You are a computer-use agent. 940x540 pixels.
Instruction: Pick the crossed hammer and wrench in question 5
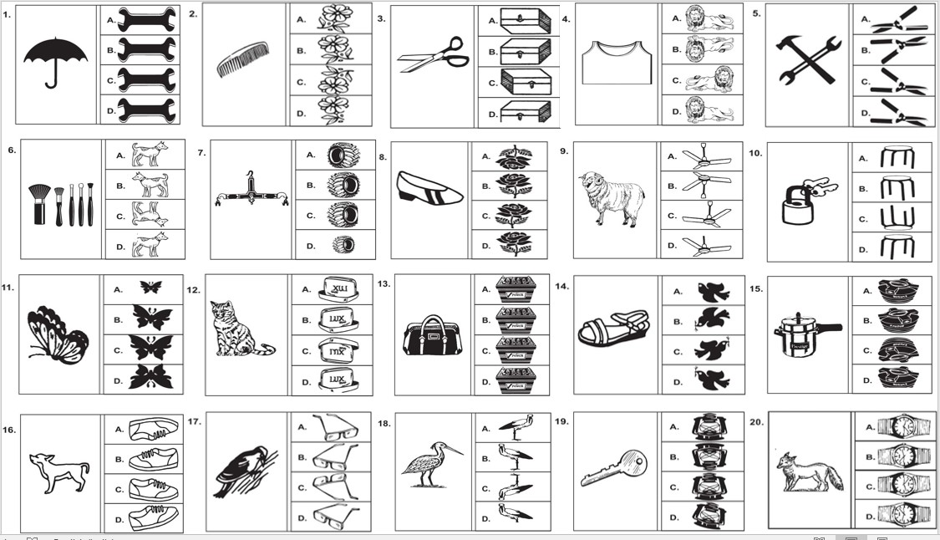point(805,59)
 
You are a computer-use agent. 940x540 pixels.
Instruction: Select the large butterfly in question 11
point(57,334)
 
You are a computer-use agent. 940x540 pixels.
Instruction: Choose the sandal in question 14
point(613,329)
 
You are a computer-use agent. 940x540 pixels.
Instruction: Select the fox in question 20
point(801,473)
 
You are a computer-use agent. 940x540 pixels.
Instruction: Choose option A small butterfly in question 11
point(151,287)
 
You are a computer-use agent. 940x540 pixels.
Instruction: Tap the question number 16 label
point(10,422)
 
